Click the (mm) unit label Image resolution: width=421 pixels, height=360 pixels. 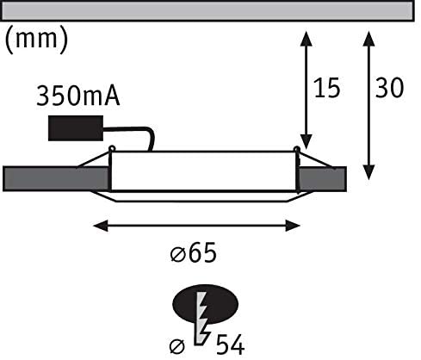pos(37,40)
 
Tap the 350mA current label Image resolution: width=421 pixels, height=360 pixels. pos(78,96)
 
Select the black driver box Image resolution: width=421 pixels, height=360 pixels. pos(76,128)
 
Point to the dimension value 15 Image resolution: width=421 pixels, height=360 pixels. pos(327,88)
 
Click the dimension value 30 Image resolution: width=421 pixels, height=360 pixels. pos(390,87)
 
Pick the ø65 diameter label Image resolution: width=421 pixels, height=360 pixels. pos(194,252)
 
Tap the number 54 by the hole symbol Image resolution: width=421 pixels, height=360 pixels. pos(230,344)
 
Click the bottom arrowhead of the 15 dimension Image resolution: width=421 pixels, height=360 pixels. pos(306,142)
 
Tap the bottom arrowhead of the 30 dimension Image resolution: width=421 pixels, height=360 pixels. pos(368,172)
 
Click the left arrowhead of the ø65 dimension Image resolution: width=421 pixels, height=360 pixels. pos(101,226)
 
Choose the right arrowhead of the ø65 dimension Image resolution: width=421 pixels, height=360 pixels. pos(293,226)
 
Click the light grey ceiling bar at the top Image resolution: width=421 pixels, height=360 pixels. pos(207,10)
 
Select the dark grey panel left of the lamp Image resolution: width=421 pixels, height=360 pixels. pos(56,178)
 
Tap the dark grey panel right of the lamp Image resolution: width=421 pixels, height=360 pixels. pos(322,179)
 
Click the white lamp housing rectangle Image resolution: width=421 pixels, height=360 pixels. pos(203,171)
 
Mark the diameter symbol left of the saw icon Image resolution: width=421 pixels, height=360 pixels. pos(177,346)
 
